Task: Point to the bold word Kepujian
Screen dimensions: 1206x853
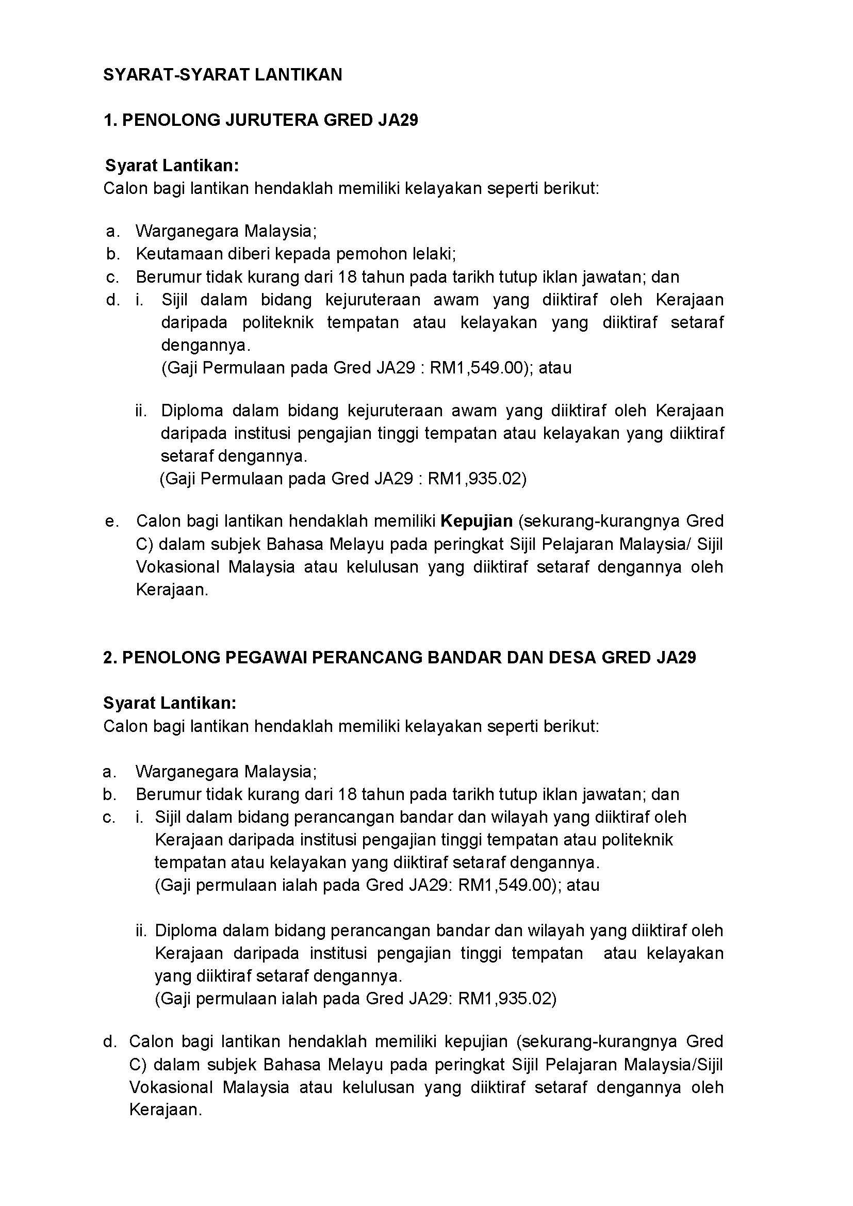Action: pyautogui.click(x=477, y=521)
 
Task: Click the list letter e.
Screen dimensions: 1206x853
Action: pyautogui.click(x=110, y=521)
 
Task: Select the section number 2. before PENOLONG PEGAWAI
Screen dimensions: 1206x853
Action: pyautogui.click(x=110, y=658)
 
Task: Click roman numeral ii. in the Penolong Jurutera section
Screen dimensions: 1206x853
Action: pyautogui.click(x=141, y=410)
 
